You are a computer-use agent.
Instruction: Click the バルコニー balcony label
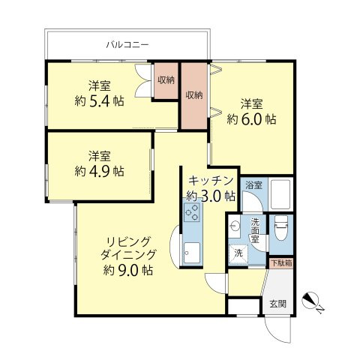tap(127, 45)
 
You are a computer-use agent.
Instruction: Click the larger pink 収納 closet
tap(193, 95)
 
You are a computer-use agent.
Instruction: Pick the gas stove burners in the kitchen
tap(190, 214)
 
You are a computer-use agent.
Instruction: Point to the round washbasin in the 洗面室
tap(236, 226)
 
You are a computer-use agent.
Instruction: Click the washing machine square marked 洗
tap(238, 253)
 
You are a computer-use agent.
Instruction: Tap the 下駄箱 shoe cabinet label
tap(281, 262)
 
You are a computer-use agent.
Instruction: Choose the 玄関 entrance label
tap(277, 304)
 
